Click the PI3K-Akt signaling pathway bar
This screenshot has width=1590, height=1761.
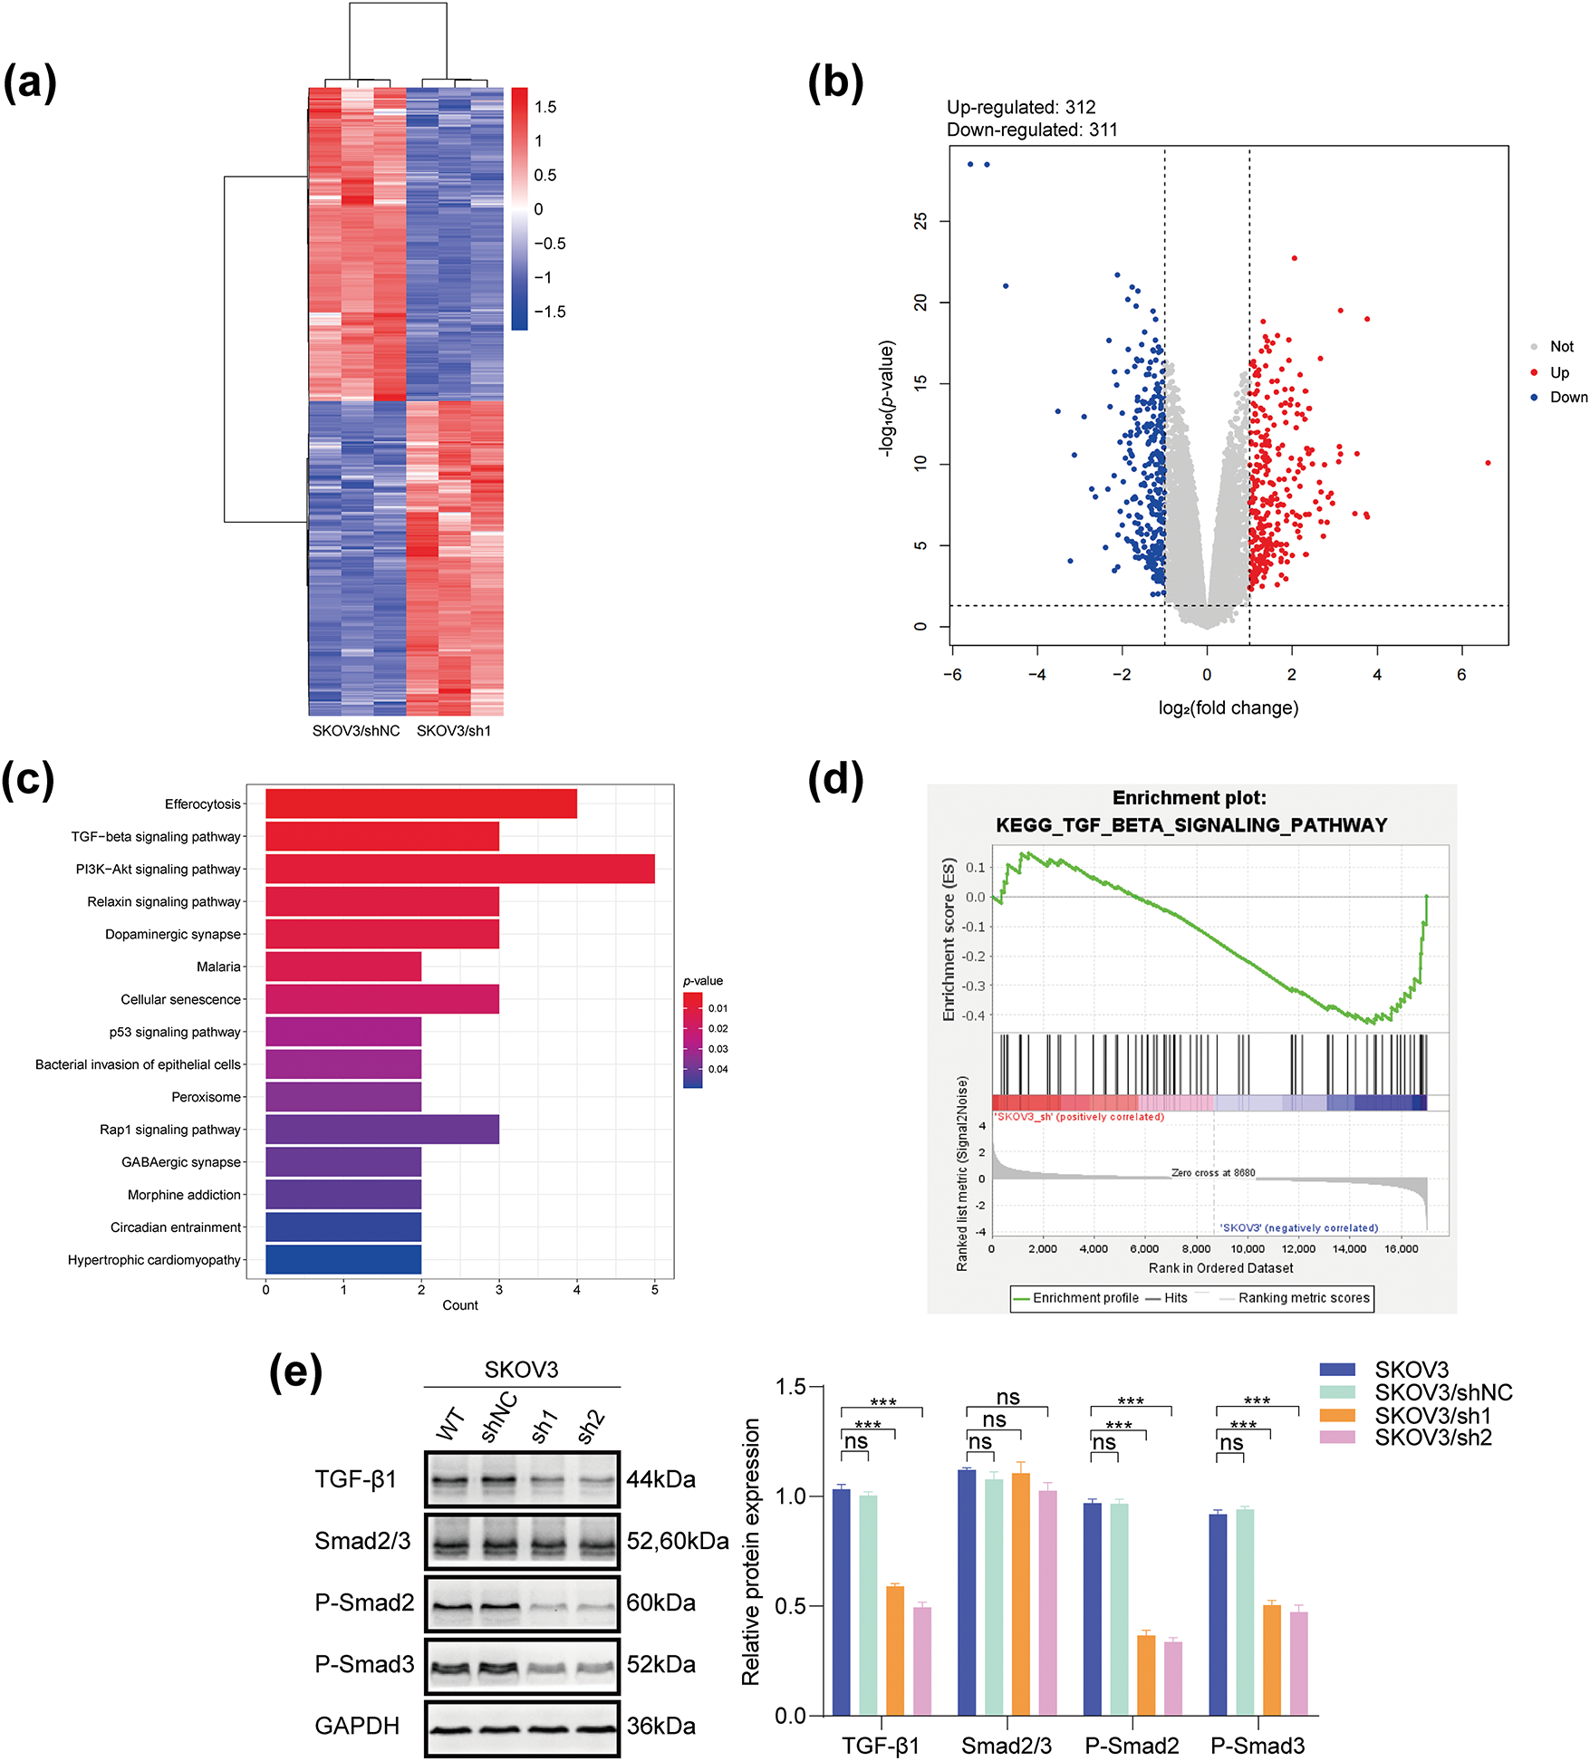coord(459,869)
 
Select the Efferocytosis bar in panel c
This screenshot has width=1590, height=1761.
coord(420,804)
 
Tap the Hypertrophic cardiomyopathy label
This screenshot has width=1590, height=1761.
coord(154,1260)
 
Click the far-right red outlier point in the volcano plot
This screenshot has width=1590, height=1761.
coord(1488,463)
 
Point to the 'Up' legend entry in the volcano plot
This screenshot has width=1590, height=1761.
coord(1558,372)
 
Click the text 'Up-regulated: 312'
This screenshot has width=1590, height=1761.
coord(1021,107)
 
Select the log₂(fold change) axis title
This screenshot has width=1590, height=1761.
coord(1228,707)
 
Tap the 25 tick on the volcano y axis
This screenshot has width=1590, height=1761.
coord(920,221)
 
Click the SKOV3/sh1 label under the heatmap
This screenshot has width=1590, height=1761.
coord(453,731)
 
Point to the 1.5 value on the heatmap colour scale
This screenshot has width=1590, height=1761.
coord(545,107)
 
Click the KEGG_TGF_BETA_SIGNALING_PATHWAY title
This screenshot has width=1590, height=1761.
coord(1191,825)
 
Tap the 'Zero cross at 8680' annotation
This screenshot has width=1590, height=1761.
coord(1213,1172)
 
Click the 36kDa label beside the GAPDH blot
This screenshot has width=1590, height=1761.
coord(660,1726)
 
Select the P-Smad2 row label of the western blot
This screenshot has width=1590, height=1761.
coord(364,1602)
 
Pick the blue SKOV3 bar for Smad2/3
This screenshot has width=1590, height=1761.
coord(967,1592)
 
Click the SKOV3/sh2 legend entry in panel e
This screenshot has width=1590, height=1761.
coord(1432,1438)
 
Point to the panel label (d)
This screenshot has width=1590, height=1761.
coord(834,780)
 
